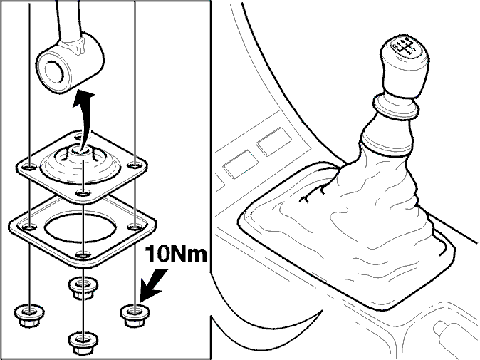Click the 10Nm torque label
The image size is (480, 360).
click(x=176, y=254)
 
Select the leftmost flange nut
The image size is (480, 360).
click(x=29, y=316)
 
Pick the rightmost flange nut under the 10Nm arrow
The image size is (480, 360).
click(x=135, y=315)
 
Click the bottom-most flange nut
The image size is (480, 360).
click(x=83, y=342)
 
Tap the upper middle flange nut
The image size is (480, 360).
click(x=83, y=288)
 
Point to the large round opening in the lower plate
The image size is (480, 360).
click(x=80, y=227)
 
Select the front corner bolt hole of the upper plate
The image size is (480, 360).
click(x=83, y=193)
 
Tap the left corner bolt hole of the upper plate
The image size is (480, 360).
click(x=30, y=168)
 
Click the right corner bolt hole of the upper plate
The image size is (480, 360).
click(x=134, y=166)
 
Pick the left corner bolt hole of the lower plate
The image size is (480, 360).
click(x=30, y=227)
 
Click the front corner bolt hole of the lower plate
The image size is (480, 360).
click(x=83, y=254)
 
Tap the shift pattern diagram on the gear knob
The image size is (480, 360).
click(x=404, y=46)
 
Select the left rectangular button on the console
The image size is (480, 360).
click(x=241, y=163)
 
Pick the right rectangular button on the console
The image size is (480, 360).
click(x=273, y=142)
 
